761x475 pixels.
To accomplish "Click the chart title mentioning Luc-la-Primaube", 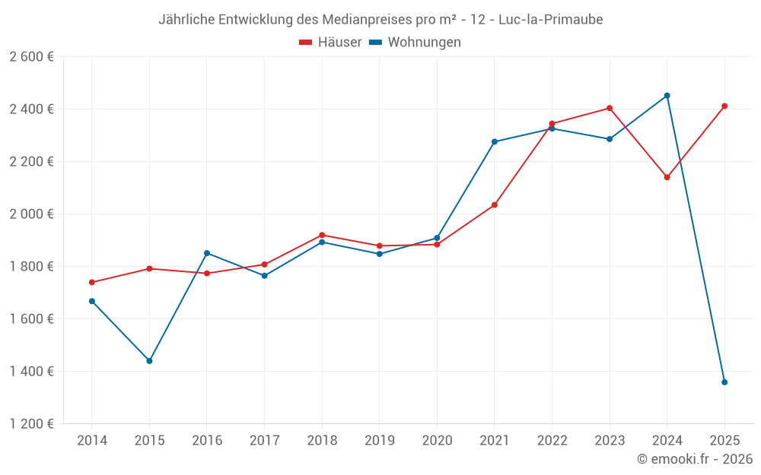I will [x=380, y=20].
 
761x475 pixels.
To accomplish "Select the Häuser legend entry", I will [x=330, y=43].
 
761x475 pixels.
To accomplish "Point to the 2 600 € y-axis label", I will [x=31, y=57].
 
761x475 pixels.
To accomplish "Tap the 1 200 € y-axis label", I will [x=31, y=424].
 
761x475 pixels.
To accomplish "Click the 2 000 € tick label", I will [x=31, y=214].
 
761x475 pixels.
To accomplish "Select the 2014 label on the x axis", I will [x=92, y=441].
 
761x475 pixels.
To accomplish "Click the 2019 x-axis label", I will [x=380, y=441].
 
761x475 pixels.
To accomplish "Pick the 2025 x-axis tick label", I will [x=724, y=441].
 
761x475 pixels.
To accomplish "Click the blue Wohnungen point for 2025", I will [x=724, y=382].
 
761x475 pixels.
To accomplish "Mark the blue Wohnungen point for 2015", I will [x=149, y=361].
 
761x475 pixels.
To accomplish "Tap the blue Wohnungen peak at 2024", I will [x=667, y=96].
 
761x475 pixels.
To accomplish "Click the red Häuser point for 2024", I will [x=667, y=177].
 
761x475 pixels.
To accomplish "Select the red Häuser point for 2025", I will [x=724, y=106].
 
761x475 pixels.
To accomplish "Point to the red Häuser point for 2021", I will [x=495, y=205].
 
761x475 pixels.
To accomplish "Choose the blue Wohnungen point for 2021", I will [x=495, y=141].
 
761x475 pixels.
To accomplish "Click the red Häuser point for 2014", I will [x=92, y=283].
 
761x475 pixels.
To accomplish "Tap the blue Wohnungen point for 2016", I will [x=207, y=253].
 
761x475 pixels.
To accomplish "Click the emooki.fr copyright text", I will [x=695, y=459].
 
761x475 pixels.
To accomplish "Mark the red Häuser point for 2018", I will [x=322, y=236].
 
